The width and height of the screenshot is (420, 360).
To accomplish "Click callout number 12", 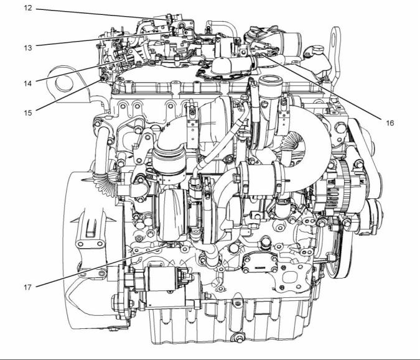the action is (x=28, y=8).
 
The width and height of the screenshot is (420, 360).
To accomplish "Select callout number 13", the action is (x=28, y=48).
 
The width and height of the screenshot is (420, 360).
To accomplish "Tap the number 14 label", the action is (x=28, y=83).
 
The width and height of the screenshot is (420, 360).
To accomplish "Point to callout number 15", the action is (x=28, y=113).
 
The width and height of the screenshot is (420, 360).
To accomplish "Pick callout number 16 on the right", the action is (x=390, y=123).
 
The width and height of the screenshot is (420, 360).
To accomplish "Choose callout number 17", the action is (x=28, y=287).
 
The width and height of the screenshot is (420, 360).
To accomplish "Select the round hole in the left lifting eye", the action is (x=64, y=83).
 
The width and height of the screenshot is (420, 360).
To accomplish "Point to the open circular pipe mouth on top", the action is (x=271, y=80).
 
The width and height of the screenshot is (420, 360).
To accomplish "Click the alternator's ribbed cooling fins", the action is (x=332, y=192).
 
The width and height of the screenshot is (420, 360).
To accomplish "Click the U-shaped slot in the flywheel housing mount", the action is (x=91, y=228).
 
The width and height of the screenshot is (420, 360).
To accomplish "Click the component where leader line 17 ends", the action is (x=170, y=245).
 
